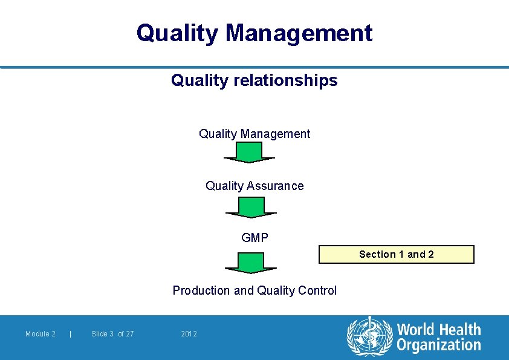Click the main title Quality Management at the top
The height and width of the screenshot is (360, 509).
pos(254,33)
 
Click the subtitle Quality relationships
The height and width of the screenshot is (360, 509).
pos(254,80)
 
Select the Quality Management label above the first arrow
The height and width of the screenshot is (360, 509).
pos(254,134)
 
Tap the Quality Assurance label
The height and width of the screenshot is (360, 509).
pos(254,186)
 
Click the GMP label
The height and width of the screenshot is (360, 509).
pos(254,238)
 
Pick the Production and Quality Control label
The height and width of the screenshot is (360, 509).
pos(254,290)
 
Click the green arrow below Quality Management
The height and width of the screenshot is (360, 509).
pos(249,152)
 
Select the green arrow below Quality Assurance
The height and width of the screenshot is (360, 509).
pos(251,207)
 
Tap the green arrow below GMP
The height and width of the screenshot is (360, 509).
pos(251,263)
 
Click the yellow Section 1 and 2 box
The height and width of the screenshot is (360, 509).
pos(397,254)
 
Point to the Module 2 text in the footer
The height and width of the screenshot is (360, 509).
pos(41,334)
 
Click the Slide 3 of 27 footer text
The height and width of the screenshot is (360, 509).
pos(112,334)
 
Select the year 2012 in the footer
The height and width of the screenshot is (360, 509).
pos(189,334)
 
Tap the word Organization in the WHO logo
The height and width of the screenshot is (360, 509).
pos(439,345)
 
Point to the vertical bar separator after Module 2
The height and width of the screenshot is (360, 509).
pos(71,334)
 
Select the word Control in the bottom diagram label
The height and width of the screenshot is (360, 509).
pos(318,290)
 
